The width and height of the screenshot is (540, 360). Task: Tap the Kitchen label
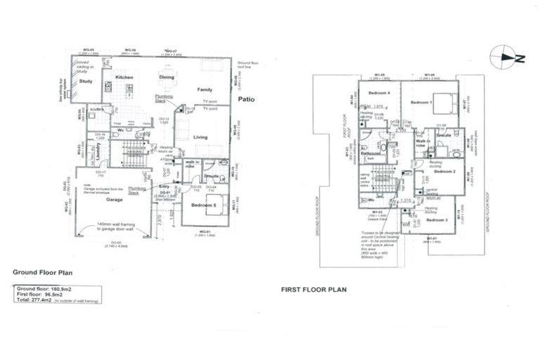(124, 77)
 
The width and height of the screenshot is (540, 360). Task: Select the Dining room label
(167, 77)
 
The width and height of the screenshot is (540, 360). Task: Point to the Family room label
(205, 90)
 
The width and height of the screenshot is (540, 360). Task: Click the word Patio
(245, 100)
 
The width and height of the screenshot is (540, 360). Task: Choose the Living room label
(200, 137)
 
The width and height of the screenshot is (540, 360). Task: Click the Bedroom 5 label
(205, 205)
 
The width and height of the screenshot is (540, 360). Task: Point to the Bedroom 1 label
(421, 103)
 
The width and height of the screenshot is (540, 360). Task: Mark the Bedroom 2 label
(445, 172)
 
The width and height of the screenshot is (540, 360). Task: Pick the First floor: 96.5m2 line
(41, 294)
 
